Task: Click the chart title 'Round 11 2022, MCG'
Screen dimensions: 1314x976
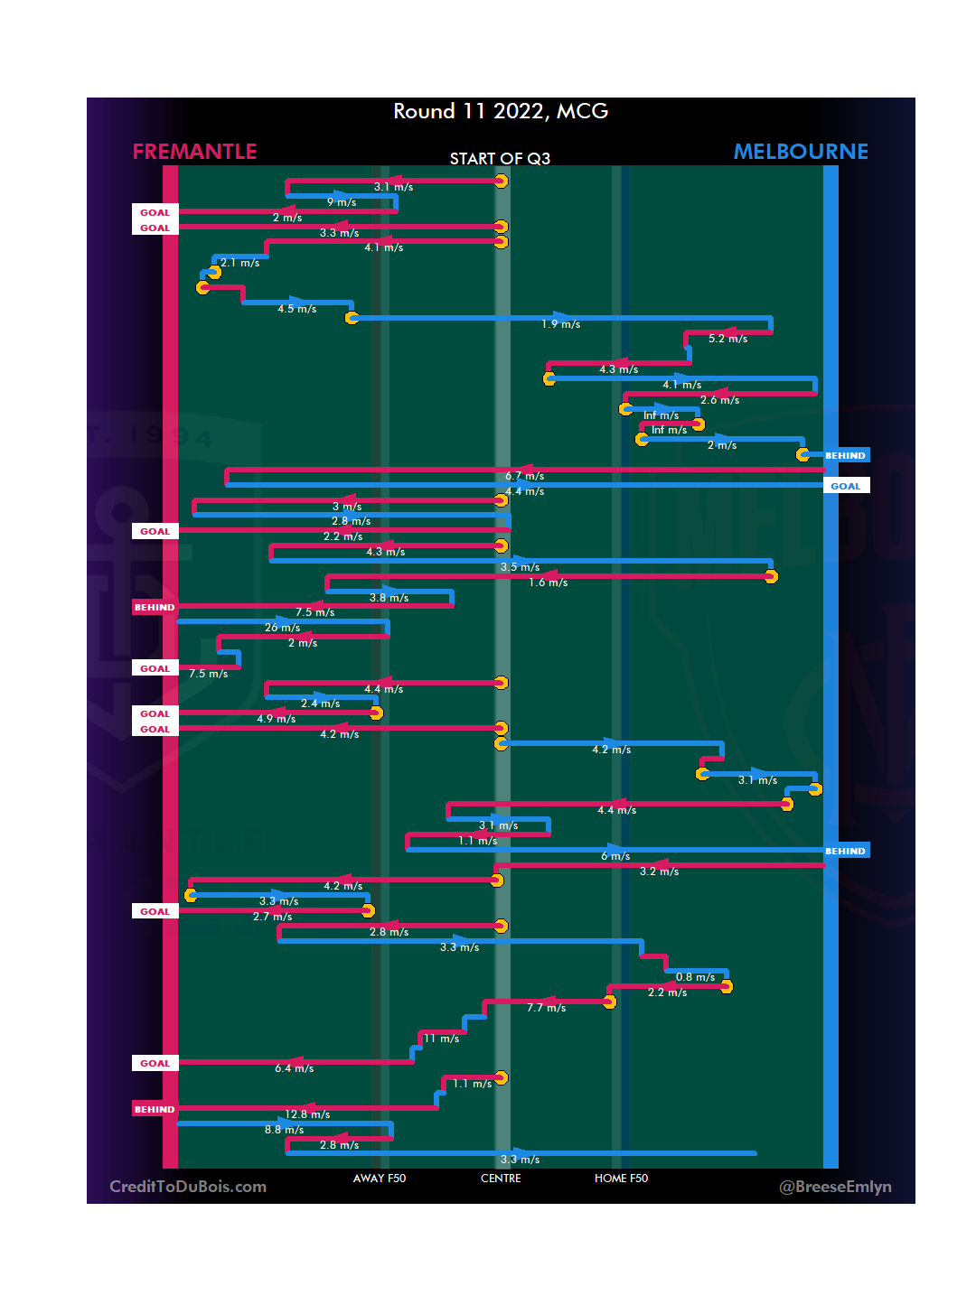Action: (501, 111)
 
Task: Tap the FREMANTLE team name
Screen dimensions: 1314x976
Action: (194, 152)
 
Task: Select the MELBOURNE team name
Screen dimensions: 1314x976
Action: (801, 152)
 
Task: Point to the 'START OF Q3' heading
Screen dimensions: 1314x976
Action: (500, 159)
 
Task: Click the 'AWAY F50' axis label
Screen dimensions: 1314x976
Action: (380, 1179)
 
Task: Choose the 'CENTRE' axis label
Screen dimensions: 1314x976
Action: (501, 1179)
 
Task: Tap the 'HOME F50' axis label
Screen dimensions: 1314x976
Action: (621, 1179)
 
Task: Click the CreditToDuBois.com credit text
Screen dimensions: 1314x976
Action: (188, 1187)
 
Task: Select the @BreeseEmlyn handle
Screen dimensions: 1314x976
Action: (835, 1187)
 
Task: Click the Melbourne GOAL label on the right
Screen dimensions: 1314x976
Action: (846, 486)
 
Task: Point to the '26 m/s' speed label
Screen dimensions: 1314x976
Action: (282, 628)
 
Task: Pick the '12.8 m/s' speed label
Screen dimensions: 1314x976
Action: (307, 1114)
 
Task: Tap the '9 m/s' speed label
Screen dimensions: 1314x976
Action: (342, 202)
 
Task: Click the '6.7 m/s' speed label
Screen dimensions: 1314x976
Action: (525, 476)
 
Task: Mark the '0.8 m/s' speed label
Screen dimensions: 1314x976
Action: (695, 977)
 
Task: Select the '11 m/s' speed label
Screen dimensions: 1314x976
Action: (442, 1039)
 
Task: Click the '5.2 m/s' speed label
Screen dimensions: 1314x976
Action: (727, 339)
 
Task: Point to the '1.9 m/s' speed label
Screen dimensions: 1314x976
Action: (561, 324)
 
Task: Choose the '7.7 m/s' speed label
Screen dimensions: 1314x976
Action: (546, 1008)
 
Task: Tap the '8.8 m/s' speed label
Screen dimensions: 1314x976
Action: (284, 1130)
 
